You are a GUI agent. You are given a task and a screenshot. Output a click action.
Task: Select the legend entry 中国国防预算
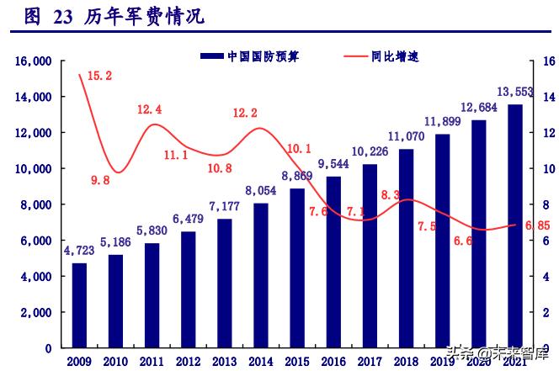pyautogui.click(x=253, y=56)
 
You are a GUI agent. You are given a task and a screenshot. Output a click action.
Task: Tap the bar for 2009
pyautogui.click(x=79, y=305)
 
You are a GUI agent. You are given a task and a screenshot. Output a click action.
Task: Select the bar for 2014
pyautogui.click(x=261, y=275)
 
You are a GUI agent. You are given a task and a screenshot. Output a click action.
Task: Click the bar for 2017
pyautogui.click(x=370, y=256)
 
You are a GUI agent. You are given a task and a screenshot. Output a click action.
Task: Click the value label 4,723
pyautogui.click(x=79, y=251)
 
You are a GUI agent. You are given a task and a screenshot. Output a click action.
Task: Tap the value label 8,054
pyautogui.click(x=261, y=190)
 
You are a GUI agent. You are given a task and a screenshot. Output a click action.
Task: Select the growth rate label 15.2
pyautogui.click(x=99, y=76)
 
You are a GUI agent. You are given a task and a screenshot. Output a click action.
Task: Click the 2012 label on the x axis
pyautogui.click(x=189, y=361)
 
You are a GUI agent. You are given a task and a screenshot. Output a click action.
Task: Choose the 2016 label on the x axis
pyautogui.click(x=333, y=361)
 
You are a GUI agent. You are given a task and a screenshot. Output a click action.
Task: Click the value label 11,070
pyautogui.click(x=406, y=135)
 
